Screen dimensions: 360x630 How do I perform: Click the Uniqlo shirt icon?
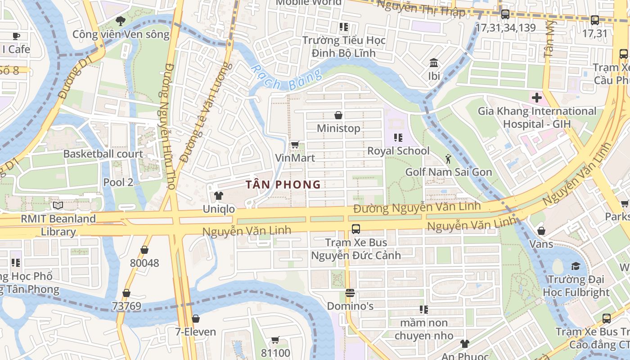[218, 196]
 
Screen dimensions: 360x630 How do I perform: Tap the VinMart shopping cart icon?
[295, 144]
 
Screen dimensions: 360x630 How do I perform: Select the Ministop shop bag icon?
[338, 115]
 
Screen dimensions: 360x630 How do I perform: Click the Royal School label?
[398, 151]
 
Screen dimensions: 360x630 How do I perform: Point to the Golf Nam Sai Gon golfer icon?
[448, 158]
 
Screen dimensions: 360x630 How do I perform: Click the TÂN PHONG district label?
[283, 184]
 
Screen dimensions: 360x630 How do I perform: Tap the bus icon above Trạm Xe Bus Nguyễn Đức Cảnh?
[356, 229]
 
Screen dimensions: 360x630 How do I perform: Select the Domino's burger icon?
[350, 293]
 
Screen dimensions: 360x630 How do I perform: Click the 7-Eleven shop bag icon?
[196, 319]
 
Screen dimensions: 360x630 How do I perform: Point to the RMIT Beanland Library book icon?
[58, 206]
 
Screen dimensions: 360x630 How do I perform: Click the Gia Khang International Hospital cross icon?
[536, 97]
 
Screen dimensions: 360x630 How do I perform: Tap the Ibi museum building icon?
[434, 63]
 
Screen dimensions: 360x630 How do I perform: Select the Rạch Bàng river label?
[287, 79]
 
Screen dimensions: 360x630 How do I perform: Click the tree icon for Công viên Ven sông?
[121, 20]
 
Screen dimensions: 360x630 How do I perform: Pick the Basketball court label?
[103, 154]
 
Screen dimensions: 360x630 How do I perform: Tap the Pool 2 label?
[118, 182]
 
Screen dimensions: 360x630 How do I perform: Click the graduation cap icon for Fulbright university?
[576, 266]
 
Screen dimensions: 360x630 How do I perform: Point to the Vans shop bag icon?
[541, 231]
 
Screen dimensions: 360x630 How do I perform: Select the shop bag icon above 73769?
[126, 293]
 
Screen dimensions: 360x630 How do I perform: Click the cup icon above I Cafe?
[16, 36]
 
